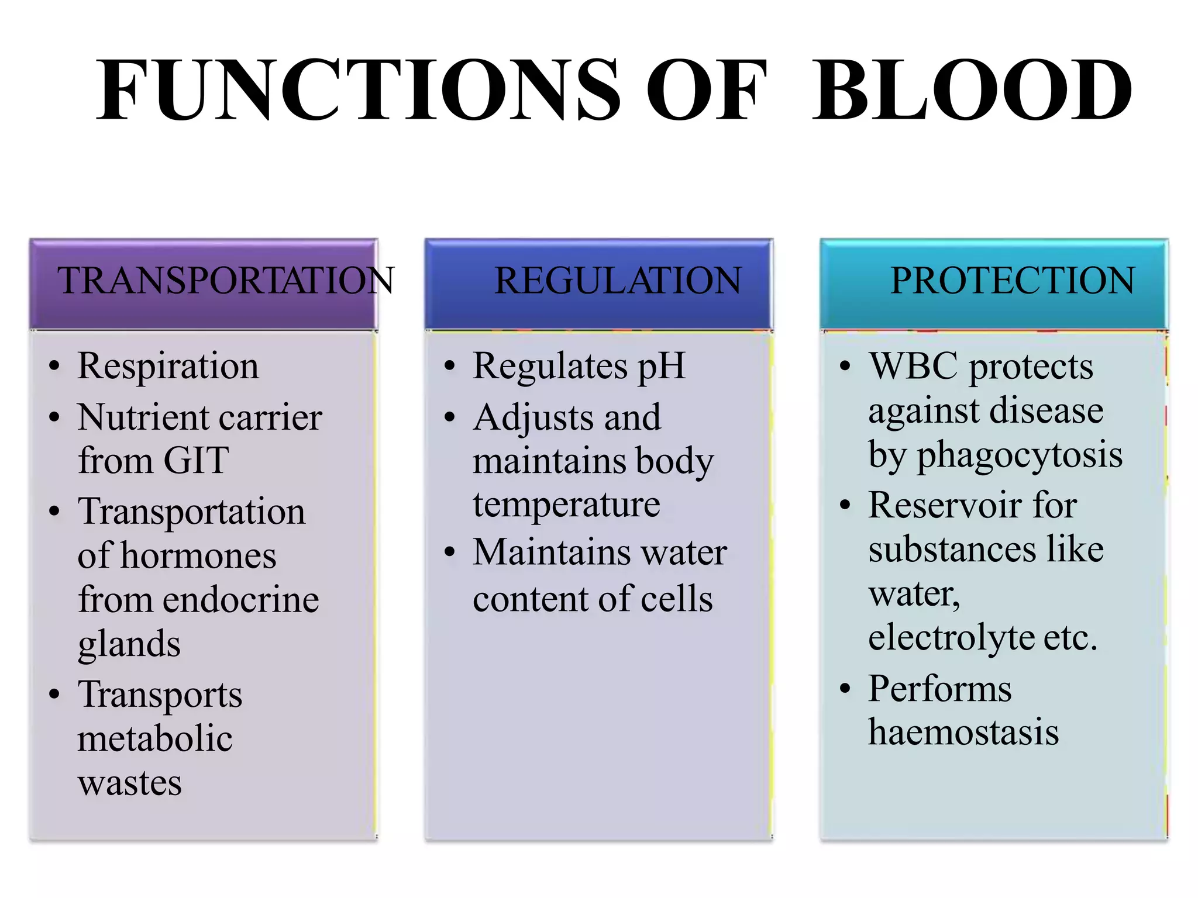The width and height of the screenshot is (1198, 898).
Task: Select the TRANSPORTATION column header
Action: tap(225, 281)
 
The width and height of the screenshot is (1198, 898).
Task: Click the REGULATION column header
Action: tap(618, 281)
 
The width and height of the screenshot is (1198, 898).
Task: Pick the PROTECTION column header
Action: tap(1012, 281)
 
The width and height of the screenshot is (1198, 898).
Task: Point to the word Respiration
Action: tap(168, 367)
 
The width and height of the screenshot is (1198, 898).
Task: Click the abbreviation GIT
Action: tap(196, 461)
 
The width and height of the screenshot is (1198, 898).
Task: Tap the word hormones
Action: tap(198, 555)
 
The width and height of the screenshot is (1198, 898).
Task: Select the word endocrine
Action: tap(240, 600)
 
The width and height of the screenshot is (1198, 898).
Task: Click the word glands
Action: tap(129, 644)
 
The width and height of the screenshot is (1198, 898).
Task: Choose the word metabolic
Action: tap(155, 738)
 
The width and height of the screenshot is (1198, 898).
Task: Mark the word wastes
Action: tap(130, 783)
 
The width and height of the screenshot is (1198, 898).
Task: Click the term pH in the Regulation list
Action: tap(661, 367)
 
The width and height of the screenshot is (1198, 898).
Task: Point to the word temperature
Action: tap(566, 505)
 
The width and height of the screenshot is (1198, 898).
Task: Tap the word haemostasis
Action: tap(963, 732)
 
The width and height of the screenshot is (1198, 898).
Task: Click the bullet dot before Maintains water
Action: tap(449, 552)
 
